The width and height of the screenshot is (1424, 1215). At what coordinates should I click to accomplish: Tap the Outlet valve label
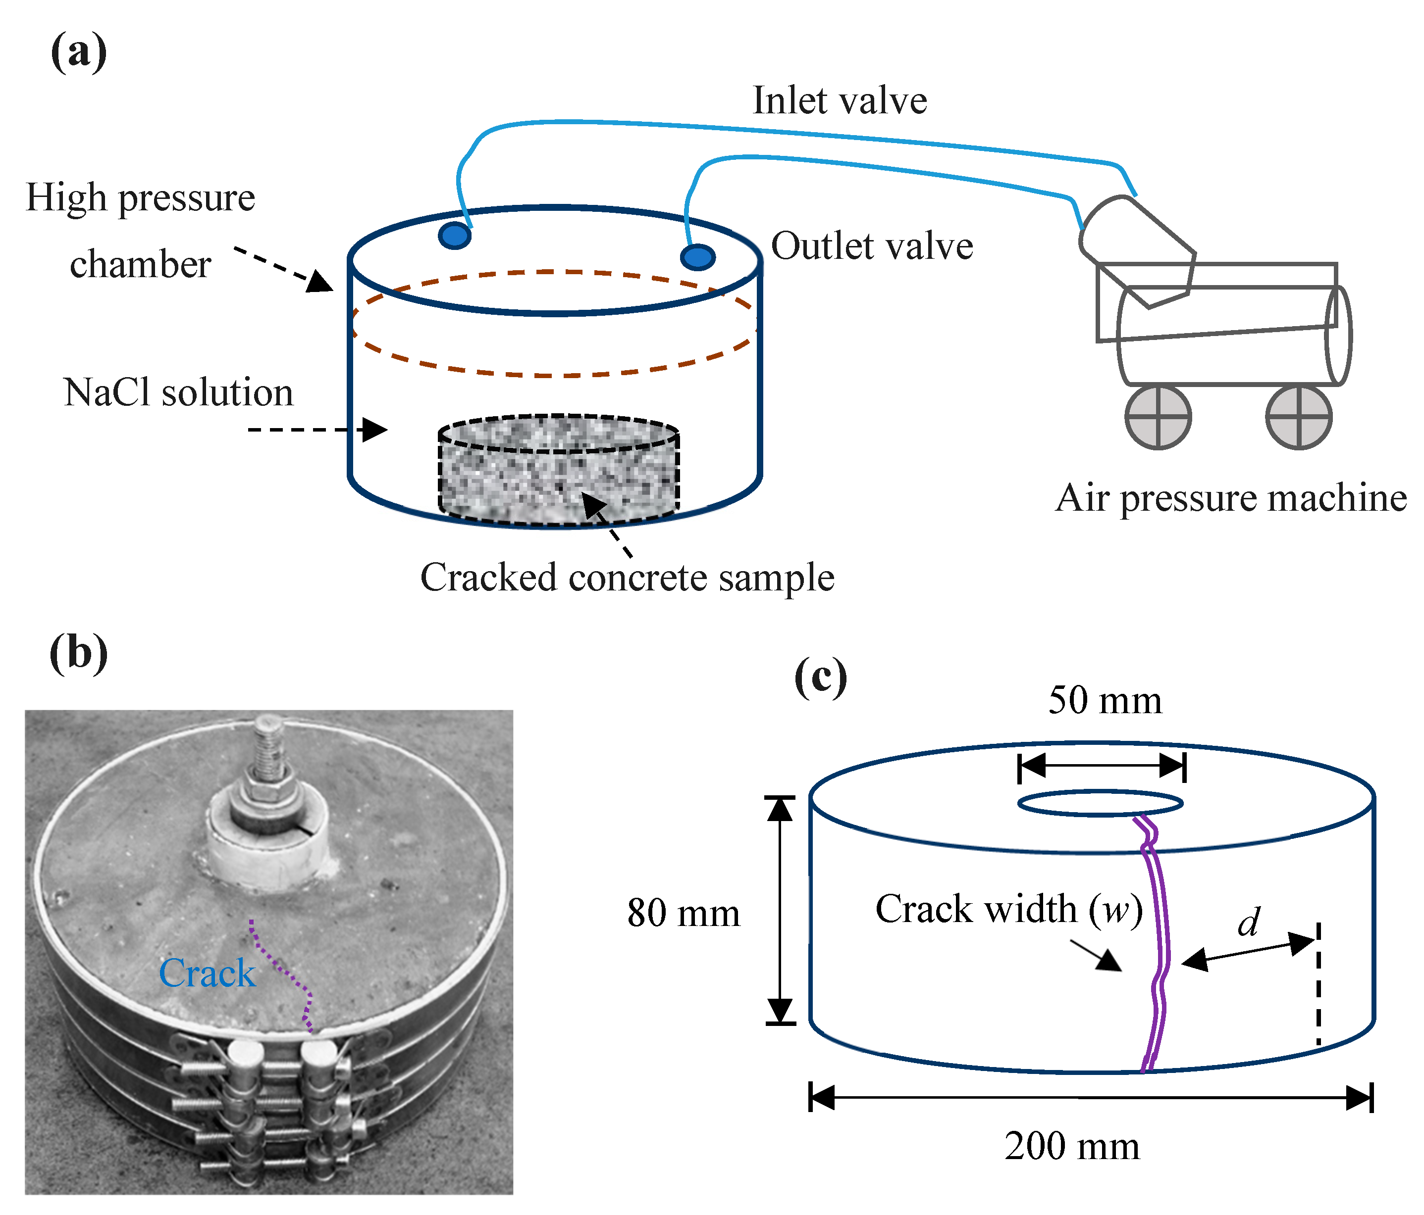[871, 246]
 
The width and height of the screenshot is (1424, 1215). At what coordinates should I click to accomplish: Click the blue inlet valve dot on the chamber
[454, 236]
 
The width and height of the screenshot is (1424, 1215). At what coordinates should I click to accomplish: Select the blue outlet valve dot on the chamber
[697, 257]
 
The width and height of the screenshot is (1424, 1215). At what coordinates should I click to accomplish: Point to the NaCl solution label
[178, 393]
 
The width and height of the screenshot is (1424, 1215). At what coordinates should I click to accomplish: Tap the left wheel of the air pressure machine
[1158, 417]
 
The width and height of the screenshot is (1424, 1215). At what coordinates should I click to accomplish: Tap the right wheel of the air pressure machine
[1298, 417]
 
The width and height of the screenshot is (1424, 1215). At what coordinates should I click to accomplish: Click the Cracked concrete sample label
[627, 578]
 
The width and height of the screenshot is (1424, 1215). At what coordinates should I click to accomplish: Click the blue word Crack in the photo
[207, 973]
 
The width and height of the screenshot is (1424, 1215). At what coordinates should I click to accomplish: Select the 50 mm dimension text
[1105, 701]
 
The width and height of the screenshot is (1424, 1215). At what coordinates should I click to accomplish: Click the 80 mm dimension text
[683, 914]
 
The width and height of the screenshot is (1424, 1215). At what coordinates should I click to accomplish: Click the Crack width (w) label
[1008, 910]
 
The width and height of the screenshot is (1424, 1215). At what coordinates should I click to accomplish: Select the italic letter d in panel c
[1249, 923]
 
